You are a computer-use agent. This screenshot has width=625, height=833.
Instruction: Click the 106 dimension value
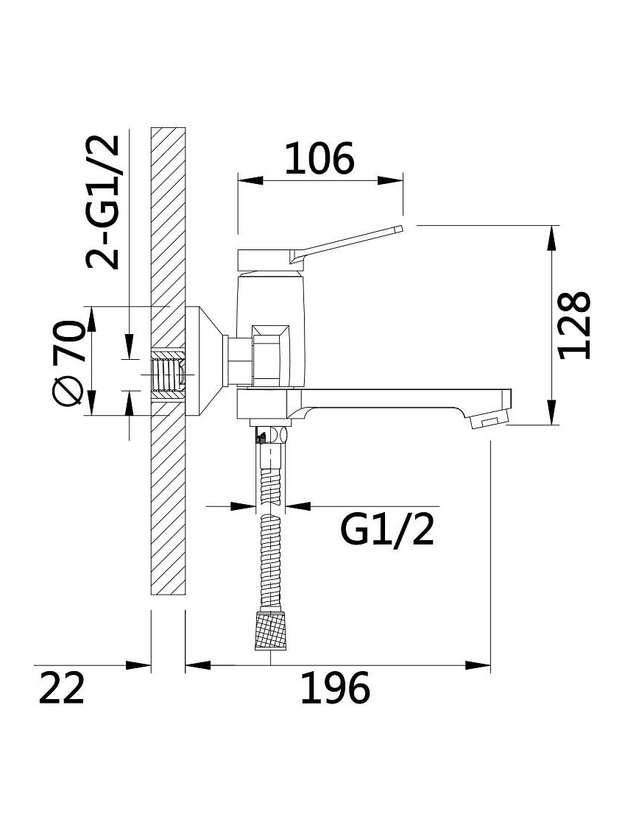click(x=319, y=158)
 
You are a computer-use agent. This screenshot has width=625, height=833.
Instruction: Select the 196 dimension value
click(x=335, y=688)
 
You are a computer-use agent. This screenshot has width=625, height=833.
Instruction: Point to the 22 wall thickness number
click(x=62, y=688)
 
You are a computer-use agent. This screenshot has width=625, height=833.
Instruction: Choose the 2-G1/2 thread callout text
click(x=103, y=202)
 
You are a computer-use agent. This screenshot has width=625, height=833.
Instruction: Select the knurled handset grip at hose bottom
click(x=271, y=631)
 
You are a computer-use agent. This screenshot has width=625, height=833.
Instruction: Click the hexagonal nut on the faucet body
click(x=270, y=355)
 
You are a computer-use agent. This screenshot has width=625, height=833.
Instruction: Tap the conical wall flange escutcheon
click(x=205, y=361)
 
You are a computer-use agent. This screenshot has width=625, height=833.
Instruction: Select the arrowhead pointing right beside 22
click(x=138, y=665)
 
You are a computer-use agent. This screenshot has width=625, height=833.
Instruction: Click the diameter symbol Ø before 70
click(x=69, y=393)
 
